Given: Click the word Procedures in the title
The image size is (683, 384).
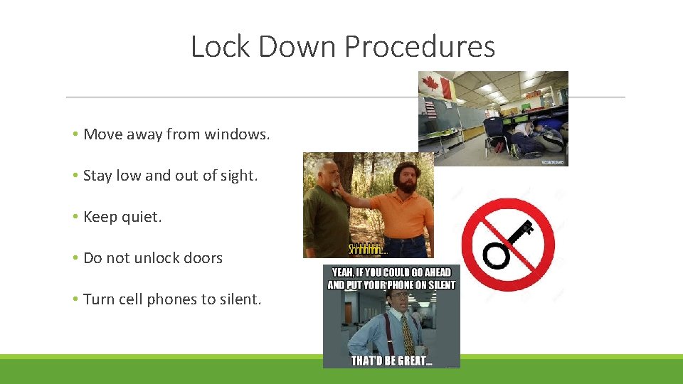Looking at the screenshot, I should click(x=420, y=47).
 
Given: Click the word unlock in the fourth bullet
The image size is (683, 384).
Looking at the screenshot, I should click(x=153, y=258).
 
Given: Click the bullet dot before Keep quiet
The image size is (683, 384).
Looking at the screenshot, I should click(x=75, y=218).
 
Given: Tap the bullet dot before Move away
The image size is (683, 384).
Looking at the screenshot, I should click(x=75, y=134).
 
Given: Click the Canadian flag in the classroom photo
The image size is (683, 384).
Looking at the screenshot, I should click(x=435, y=87).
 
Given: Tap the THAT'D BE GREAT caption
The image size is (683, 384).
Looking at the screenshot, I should click(x=391, y=360).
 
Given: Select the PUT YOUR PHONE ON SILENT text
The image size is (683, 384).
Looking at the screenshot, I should click(x=391, y=284).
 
